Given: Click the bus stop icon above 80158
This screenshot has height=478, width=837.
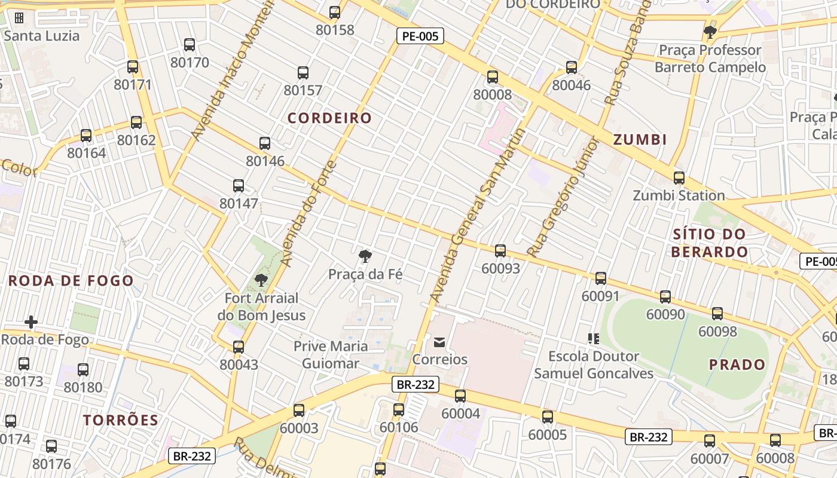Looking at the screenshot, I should tap(335, 12).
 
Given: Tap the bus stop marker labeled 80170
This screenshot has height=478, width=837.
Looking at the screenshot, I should tap(190, 44).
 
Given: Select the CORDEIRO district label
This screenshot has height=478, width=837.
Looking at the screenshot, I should tap(330, 118).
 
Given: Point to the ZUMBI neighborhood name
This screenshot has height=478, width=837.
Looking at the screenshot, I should tap(640, 140).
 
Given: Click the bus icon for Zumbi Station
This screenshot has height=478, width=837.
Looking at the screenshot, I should tap(679, 177).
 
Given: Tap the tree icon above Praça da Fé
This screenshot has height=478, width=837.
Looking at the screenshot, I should tap(365, 256).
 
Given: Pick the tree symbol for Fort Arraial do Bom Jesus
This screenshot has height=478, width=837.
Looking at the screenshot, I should tap(261, 280).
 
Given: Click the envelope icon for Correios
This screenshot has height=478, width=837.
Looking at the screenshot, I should tap(439, 342).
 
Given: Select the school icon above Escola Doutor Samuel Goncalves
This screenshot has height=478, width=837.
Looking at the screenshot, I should tap(593, 339).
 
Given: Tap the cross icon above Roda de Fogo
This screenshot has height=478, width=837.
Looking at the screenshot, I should tap(31, 322).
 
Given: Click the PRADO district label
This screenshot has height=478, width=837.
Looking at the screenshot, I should tap(737, 364).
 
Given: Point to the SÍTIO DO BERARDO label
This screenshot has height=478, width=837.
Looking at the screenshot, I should tap(709, 243).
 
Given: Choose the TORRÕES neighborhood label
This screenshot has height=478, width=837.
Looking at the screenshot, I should tap(121, 420).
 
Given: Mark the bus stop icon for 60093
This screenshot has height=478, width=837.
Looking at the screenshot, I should tap(500, 250).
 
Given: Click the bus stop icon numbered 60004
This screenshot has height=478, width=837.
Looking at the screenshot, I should tap(460, 396).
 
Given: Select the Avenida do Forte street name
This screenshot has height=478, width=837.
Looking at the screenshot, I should tap(308, 214).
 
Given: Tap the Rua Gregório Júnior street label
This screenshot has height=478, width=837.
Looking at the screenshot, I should tap(562, 197).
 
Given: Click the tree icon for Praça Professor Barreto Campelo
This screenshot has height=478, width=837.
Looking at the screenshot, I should tap(710, 32).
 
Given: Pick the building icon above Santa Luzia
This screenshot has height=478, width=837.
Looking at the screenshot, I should tap(19, 18).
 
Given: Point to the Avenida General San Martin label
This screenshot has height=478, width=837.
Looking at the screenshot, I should tap(477, 215).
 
